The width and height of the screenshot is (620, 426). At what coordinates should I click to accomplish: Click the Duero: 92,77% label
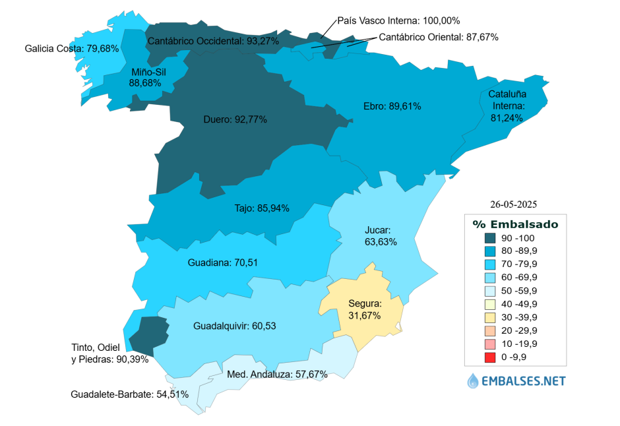(x=235, y=119)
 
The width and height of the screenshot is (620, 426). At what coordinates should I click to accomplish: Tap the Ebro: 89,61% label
(x=392, y=106)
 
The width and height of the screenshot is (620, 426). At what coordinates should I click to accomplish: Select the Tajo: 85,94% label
(x=262, y=208)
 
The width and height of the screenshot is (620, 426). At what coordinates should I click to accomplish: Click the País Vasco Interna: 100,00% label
(x=398, y=20)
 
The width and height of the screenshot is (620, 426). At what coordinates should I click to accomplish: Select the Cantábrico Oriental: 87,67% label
(x=439, y=37)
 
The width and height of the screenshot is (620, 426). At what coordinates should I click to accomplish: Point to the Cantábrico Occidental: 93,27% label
(x=213, y=41)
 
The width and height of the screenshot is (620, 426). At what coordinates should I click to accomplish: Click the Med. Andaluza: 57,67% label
(x=277, y=374)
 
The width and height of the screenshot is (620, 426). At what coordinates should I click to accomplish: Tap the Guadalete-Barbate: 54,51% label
(x=129, y=394)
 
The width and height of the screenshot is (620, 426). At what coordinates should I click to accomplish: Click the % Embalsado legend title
(x=515, y=224)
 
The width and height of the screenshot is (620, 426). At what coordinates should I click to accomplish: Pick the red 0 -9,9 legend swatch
(x=490, y=357)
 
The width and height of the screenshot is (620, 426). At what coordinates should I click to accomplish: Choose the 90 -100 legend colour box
(x=490, y=237)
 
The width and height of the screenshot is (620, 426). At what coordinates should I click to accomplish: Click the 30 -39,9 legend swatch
(x=490, y=318)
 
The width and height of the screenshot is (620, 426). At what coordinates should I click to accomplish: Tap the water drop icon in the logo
(x=473, y=380)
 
